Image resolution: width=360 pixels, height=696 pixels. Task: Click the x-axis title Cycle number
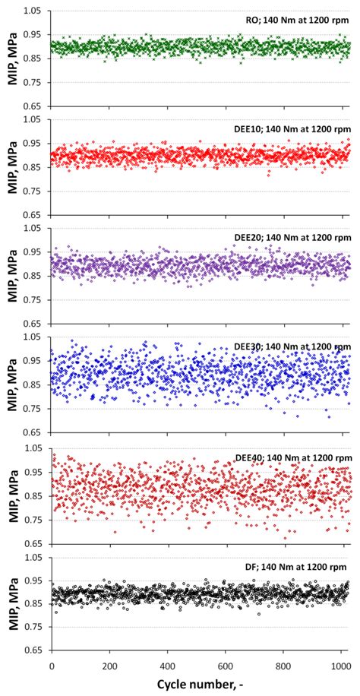tap(201, 685)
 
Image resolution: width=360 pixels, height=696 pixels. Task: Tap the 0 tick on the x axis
tap(52, 666)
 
